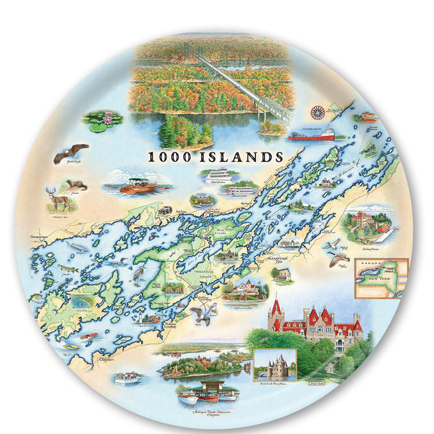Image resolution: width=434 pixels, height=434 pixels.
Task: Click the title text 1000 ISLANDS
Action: (216, 156)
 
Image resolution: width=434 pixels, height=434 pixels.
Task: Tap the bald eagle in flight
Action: (70, 152)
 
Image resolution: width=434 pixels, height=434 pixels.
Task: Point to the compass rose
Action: (317, 112)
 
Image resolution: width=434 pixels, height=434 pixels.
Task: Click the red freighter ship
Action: (312, 135)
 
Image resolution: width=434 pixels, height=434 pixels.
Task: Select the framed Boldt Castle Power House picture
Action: (275, 366)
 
